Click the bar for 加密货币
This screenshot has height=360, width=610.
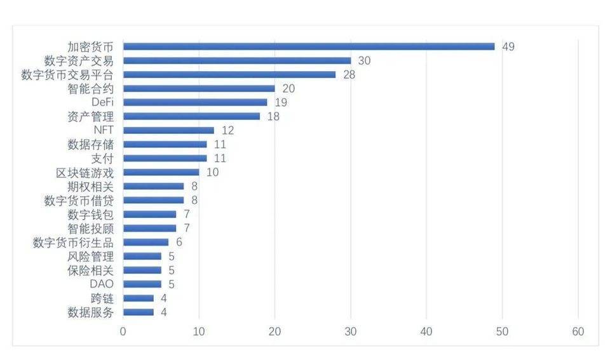[x=308, y=46]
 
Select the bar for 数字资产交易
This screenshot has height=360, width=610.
[x=236, y=60]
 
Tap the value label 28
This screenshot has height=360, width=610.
[x=349, y=74]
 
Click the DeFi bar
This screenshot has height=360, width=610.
[x=194, y=102]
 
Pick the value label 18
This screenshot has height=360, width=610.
[x=273, y=116]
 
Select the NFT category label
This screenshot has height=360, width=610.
[x=103, y=130]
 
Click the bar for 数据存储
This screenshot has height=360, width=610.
[x=165, y=144]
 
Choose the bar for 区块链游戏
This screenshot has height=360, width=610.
[x=161, y=172]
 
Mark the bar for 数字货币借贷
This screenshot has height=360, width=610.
[x=153, y=200]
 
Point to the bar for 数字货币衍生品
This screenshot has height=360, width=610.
[x=146, y=242]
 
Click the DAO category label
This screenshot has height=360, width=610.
[x=102, y=284]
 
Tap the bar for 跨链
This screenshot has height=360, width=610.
[x=138, y=298]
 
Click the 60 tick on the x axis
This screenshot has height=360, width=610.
[x=578, y=331]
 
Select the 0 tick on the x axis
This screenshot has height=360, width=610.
[x=123, y=331]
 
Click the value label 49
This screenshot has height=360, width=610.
[x=508, y=46]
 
